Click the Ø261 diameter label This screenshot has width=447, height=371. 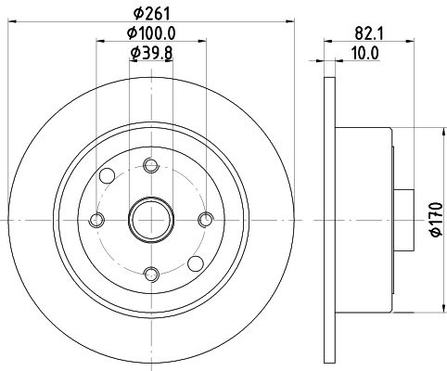[x=151, y=13]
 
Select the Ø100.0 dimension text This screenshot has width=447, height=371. [x=151, y=33]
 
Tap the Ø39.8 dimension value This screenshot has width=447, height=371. [x=151, y=53]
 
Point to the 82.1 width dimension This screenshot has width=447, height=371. [x=369, y=33]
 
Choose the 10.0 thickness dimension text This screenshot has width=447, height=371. [x=364, y=53]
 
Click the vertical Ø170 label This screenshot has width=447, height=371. [x=437, y=220]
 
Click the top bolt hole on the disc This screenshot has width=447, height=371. [x=151, y=165]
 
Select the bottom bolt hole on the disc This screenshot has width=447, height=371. [x=151, y=274]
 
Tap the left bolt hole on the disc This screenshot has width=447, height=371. [x=96, y=220]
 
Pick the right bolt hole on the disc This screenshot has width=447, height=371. [x=206, y=220]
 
